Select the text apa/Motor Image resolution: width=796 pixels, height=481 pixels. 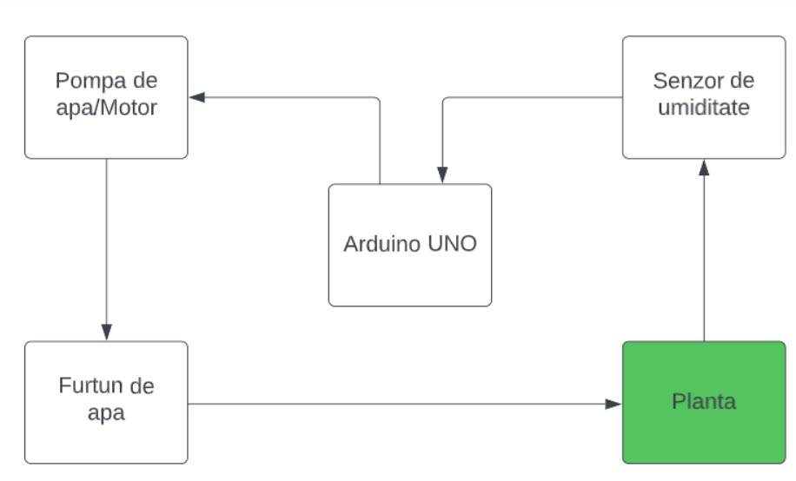pos(107,108)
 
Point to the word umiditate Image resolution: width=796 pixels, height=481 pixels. pos(704,108)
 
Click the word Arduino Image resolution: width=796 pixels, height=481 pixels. pos(382,244)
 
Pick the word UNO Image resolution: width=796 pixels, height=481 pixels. pos(453,244)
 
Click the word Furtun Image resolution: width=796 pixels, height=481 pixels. pos(87,385)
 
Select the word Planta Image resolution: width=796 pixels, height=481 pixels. pos(704,402)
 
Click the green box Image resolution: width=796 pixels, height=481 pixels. pos(704,402)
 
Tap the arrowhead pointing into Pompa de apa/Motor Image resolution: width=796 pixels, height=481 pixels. pos(197,97)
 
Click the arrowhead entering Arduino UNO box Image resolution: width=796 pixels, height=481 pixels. pos(442,175)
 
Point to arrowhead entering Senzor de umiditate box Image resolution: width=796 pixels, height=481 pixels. pos(704,168)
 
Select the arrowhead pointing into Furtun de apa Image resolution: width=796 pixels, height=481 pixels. pos(107,332)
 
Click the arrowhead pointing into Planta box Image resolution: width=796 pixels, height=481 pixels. pos(614,404)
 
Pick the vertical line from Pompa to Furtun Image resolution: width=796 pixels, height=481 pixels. pos(107,241)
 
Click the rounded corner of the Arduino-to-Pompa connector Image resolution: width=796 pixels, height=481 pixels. pos(378,100)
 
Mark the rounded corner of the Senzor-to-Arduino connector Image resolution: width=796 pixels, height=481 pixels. pos(445,100)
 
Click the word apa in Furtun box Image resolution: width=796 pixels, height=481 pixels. pos(106,413)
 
